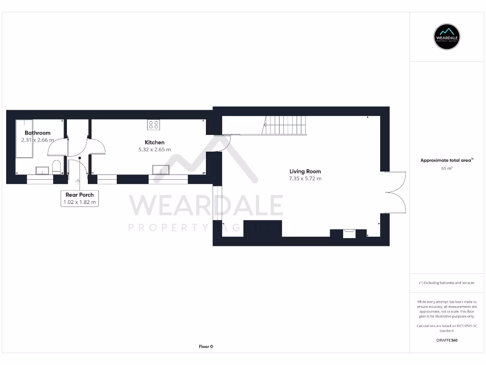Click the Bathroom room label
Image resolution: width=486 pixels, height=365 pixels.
(37, 133)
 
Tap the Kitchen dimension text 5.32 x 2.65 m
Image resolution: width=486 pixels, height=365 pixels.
(155, 149)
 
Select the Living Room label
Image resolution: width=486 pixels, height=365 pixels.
(305, 172)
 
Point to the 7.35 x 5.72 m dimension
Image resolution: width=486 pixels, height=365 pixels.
(305, 179)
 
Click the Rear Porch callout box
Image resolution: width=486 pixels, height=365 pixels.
(80, 198)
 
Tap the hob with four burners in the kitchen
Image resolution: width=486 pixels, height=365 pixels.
(154, 125)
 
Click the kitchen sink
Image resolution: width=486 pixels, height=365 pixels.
(160, 170)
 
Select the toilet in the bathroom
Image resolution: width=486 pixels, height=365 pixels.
(56, 167)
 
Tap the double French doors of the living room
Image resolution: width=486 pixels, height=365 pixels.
(396, 192)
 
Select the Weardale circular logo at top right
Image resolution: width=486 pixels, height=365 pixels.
(447, 37)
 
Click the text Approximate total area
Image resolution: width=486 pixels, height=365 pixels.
(446, 161)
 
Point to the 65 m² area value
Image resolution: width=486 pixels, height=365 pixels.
(447, 168)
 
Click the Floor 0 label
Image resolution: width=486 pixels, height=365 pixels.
(206, 346)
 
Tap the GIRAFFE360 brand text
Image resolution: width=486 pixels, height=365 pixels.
(447, 340)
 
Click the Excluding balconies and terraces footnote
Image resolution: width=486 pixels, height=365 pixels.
(447, 283)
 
